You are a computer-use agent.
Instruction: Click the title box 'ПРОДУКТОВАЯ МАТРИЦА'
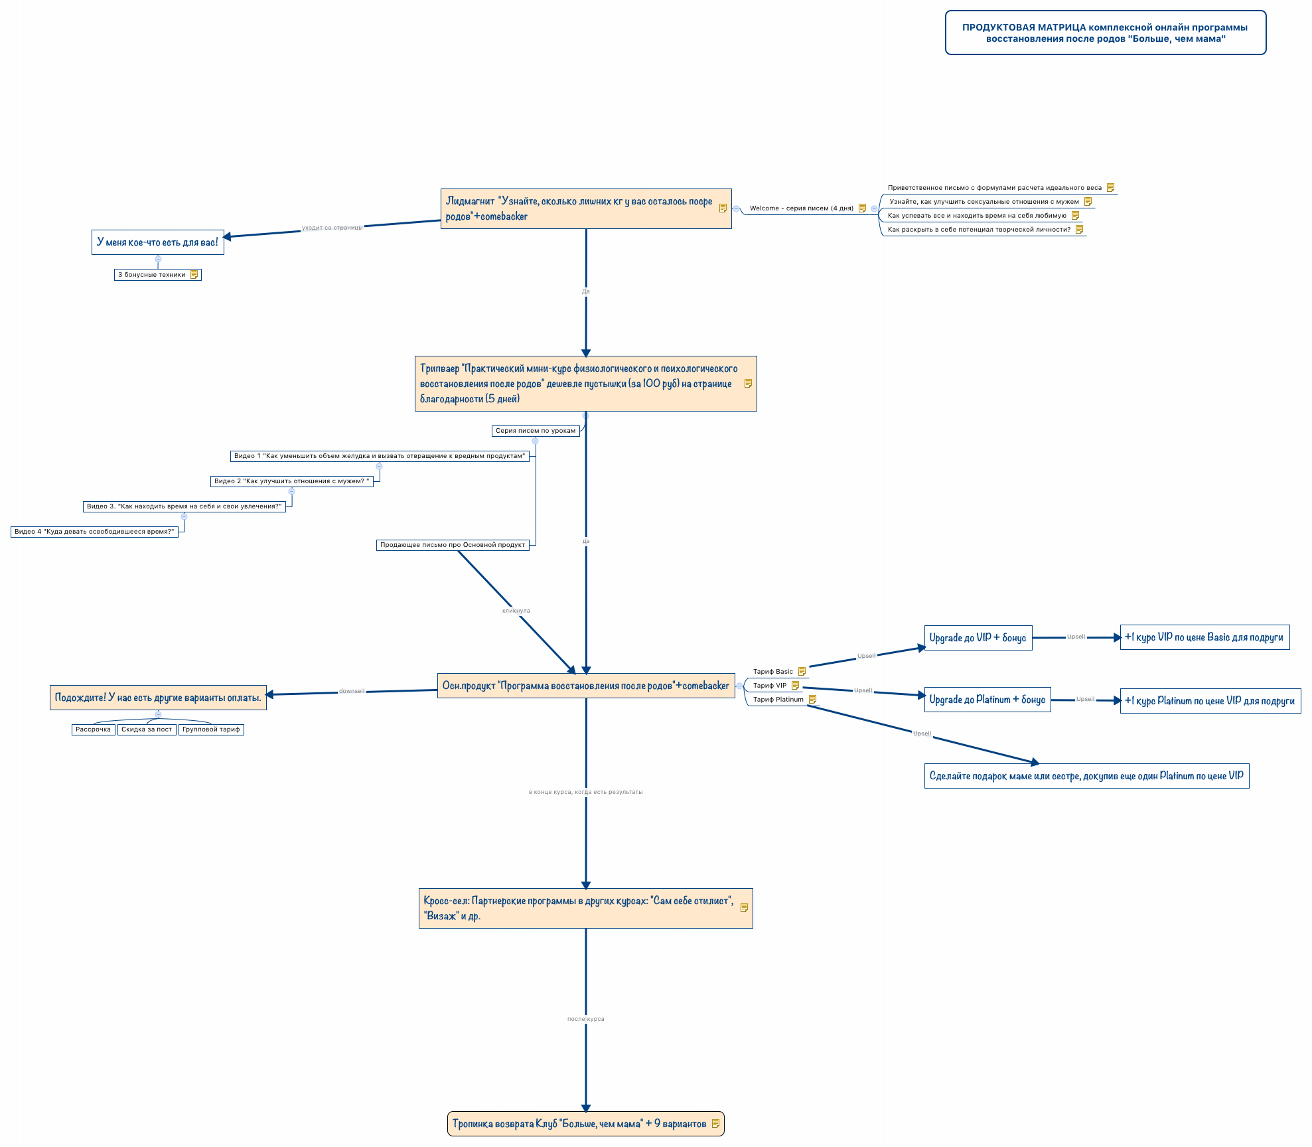pos(1105,33)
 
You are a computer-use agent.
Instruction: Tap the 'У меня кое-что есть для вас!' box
pos(157,242)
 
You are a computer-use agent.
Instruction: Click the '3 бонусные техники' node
pos(152,275)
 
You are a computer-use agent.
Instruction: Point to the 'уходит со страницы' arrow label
pos(332,228)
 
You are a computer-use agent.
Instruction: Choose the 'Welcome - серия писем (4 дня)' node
pos(801,208)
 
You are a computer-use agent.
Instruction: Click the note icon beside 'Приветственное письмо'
pos(1110,188)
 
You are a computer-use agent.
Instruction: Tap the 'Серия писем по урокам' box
pos(535,431)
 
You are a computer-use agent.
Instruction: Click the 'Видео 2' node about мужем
pos(292,481)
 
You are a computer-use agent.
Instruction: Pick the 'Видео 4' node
pos(94,532)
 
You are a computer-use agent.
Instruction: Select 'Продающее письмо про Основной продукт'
pos(453,545)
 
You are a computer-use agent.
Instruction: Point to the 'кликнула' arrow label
pos(516,611)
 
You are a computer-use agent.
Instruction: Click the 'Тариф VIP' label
pos(770,686)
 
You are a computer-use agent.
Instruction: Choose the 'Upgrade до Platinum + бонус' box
pos(987,700)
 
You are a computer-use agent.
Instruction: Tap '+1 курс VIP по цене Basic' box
pos(1204,637)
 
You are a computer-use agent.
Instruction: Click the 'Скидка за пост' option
pos(147,729)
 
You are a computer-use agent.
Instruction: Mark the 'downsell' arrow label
pos(352,691)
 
